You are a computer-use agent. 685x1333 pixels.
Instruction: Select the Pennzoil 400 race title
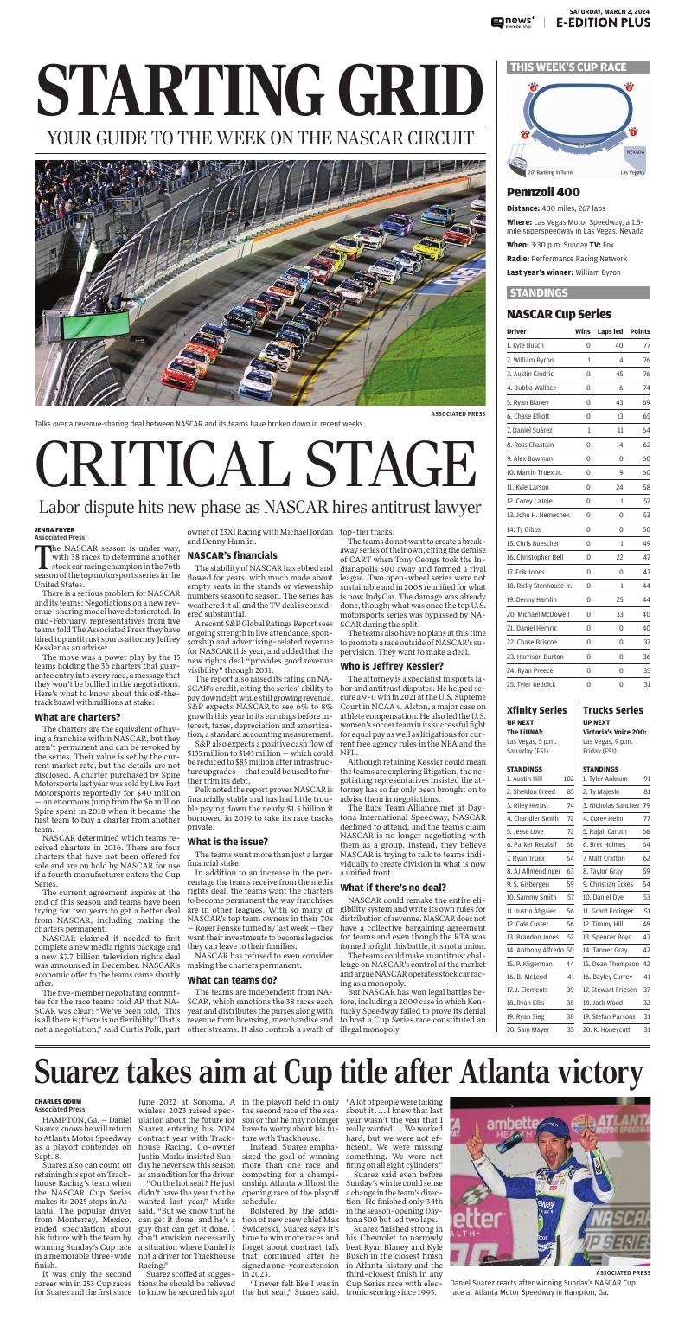[x=543, y=192]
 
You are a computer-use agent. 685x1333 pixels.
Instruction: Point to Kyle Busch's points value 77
[x=645, y=345]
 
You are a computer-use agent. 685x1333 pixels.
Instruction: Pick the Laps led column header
[x=610, y=331]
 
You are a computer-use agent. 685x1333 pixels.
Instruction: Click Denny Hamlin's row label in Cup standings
[x=528, y=599]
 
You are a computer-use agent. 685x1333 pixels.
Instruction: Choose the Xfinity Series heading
[x=537, y=710]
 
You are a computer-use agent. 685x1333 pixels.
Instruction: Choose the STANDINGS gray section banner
[x=539, y=292]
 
